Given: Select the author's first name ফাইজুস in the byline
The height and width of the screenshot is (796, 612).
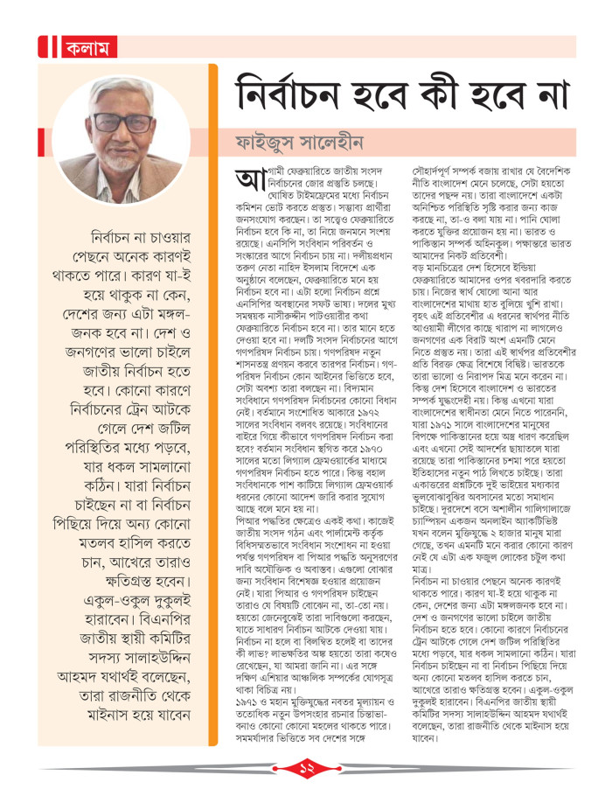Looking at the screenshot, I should click(x=276, y=143).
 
